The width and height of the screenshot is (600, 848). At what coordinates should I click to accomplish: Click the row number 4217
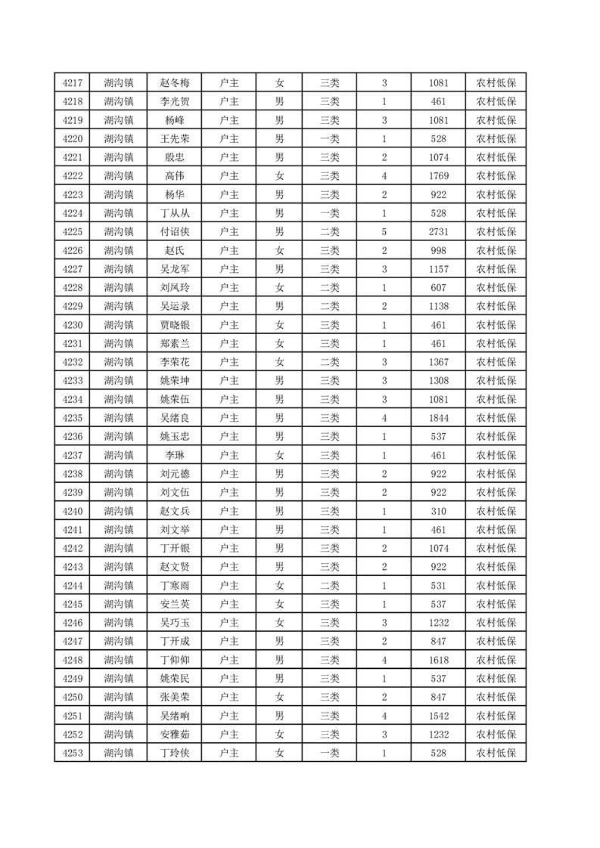click(73, 83)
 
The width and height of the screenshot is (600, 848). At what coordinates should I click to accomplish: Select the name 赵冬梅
click(174, 83)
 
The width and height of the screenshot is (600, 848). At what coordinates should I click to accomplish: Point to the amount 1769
click(438, 176)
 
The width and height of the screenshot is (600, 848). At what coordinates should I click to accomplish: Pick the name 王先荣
click(174, 139)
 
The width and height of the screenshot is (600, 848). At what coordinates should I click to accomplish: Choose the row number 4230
click(73, 325)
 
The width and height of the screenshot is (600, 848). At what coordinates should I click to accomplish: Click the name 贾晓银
click(174, 325)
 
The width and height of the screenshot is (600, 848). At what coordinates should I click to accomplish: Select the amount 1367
click(438, 362)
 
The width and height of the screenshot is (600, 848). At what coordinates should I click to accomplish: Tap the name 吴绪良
click(174, 418)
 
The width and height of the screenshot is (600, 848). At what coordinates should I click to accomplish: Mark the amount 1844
click(438, 418)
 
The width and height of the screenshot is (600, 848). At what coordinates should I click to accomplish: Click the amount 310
click(438, 511)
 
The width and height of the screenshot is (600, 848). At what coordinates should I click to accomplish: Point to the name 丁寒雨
click(174, 585)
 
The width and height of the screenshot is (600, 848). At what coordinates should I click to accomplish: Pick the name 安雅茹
click(174, 734)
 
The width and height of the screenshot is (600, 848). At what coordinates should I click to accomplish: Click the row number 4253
click(73, 753)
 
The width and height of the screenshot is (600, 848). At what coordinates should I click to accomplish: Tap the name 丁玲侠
click(174, 753)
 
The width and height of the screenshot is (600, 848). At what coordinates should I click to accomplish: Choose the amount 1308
click(438, 381)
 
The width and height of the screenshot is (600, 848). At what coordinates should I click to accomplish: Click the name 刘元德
click(174, 474)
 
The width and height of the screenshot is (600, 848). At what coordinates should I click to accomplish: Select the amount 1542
click(438, 715)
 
